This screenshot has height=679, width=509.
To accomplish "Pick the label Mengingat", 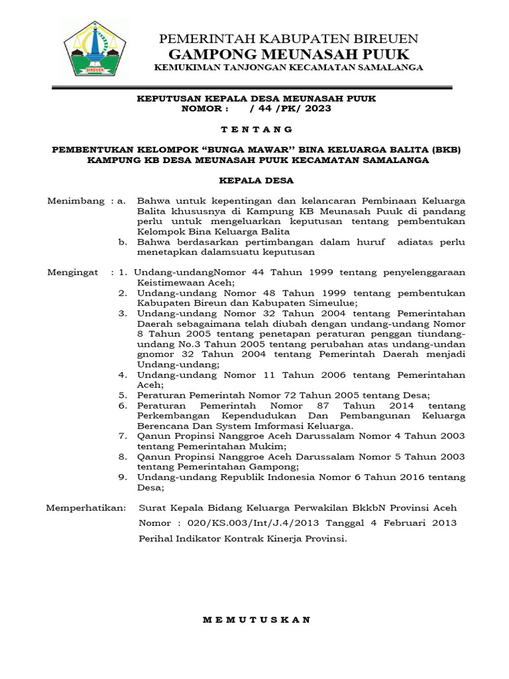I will point(73,272).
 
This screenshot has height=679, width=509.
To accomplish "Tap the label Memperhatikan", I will point(85,508).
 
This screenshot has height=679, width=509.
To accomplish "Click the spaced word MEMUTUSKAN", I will point(256,620).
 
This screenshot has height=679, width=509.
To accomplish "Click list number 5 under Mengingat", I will point(123,395).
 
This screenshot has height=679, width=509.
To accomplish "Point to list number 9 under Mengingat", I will point(123,477).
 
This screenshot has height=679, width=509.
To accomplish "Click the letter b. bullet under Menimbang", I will point(123,242).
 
